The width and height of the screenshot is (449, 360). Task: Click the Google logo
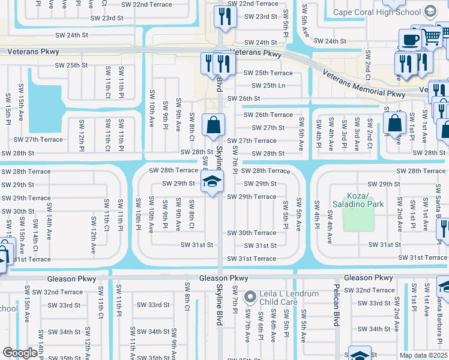coord(20,353)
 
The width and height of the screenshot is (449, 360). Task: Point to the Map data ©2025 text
coord(423,355)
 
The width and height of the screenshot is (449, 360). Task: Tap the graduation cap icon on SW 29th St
coord(212,182)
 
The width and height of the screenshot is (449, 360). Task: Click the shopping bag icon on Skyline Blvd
coord(213,126)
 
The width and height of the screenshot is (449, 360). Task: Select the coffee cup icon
coord(410,40)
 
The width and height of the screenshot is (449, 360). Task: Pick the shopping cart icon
coord(432,37)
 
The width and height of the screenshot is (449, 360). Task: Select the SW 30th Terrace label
coord(252,233)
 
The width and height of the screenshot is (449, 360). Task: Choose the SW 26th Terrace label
coord(268,115)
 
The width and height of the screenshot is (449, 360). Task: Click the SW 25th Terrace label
coord(268,73)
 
